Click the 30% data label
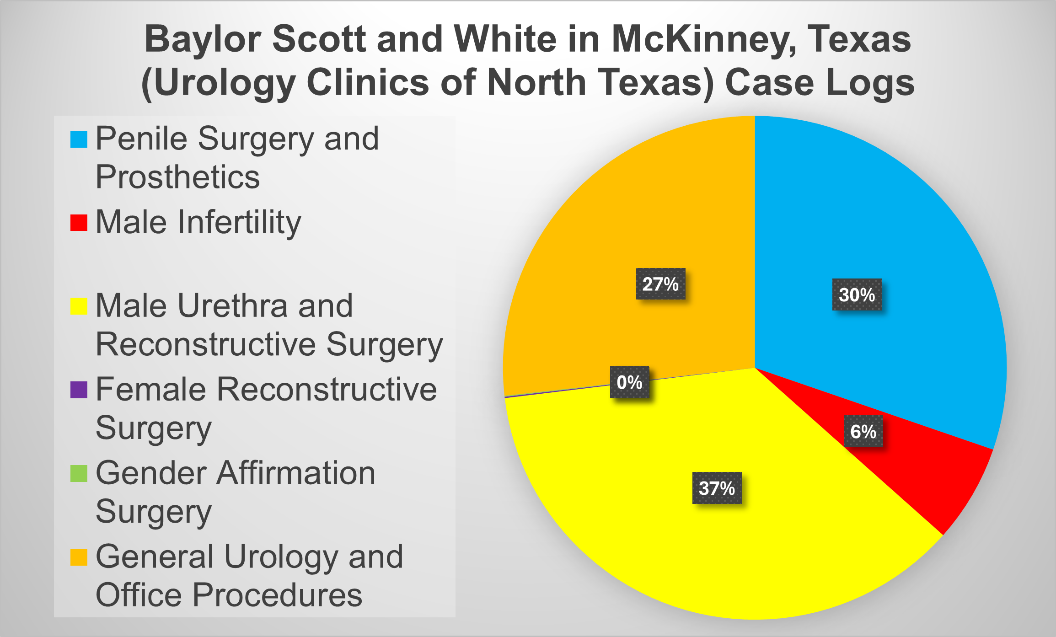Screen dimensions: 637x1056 coord(857,294)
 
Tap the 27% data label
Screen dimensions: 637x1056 coord(660,284)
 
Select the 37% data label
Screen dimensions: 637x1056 coord(717,488)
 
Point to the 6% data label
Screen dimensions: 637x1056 coord(863,431)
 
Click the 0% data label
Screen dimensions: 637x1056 coord(629,382)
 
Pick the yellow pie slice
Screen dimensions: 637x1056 coord(686,549)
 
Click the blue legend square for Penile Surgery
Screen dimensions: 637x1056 coord(79,139)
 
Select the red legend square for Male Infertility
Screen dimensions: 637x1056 coord(79,223)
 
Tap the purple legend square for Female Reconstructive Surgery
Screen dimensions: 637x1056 coord(79,390)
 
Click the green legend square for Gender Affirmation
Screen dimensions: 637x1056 coord(79,473)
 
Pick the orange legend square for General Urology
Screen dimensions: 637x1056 coord(79,557)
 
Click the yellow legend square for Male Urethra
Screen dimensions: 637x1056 coord(79,306)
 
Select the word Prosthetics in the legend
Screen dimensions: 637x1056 coord(177,177)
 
